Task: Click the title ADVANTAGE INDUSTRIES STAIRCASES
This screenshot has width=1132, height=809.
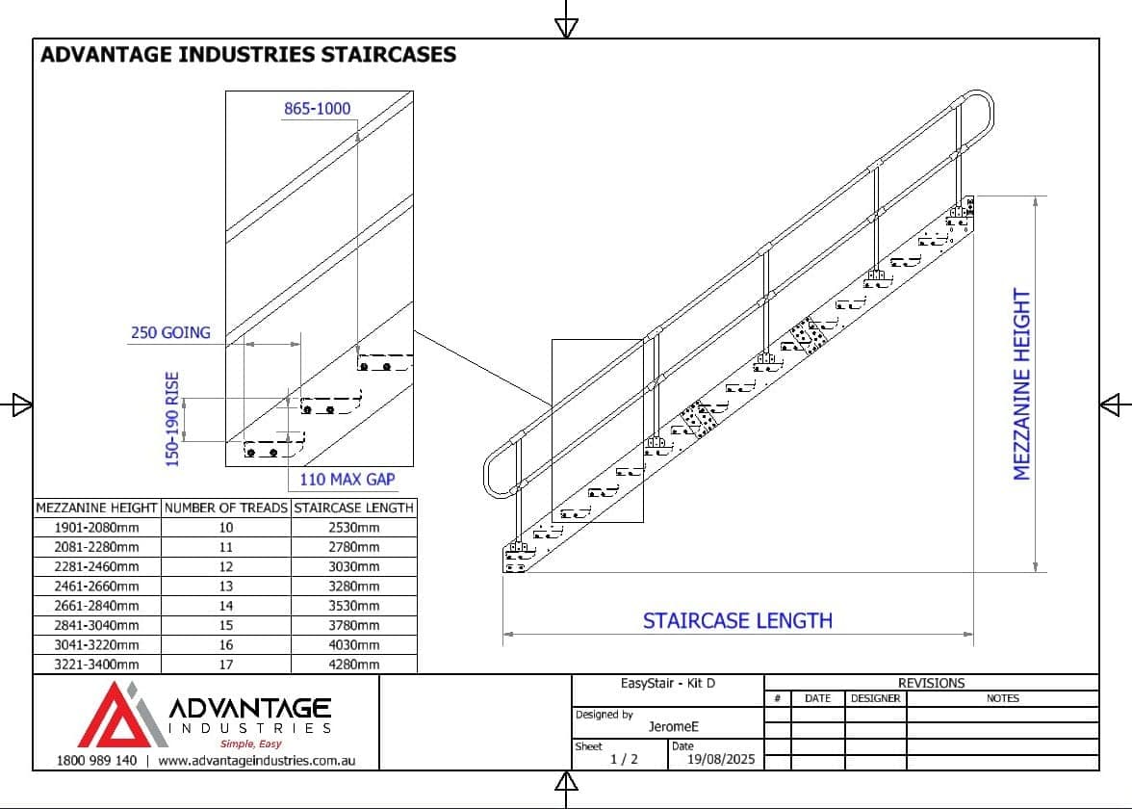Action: click(x=247, y=54)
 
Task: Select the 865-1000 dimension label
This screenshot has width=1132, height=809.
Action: click(x=317, y=109)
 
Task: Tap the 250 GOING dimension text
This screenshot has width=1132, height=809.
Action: click(x=170, y=332)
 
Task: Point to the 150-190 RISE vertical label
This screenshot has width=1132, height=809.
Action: click(x=173, y=419)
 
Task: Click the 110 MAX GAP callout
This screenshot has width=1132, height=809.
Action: click(x=347, y=479)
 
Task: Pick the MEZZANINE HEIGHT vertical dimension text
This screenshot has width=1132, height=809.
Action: click(x=1021, y=384)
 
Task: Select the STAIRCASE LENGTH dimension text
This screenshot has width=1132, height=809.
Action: click(x=737, y=620)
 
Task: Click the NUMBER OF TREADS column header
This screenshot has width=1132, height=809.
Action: click(x=225, y=508)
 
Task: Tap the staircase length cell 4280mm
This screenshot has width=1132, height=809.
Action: click(x=354, y=665)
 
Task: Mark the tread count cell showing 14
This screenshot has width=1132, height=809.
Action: click(x=225, y=606)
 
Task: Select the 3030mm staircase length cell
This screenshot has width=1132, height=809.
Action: click(x=354, y=566)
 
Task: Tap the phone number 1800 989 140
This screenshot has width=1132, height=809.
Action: click(x=86, y=760)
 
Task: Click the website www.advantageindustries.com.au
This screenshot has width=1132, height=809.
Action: click(x=256, y=760)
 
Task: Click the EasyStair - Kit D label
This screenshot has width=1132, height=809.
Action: click(x=668, y=684)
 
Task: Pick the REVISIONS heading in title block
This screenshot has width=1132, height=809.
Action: click(x=931, y=683)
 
